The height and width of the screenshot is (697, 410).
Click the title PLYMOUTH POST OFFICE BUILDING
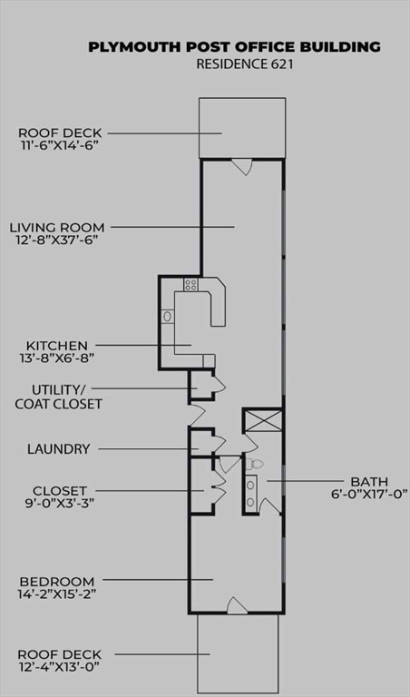pyautogui.click(x=234, y=46)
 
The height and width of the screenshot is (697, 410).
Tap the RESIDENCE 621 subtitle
pyautogui.click(x=245, y=64)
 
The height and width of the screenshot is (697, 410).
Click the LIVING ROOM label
pyautogui.click(x=57, y=228)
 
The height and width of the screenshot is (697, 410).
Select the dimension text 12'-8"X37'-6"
pyautogui.click(x=57, y=241)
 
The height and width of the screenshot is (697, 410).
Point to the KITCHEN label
pyautogui.click(x=57, y=346)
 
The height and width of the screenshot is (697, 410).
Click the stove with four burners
pyautogui.click(x=191, y=284)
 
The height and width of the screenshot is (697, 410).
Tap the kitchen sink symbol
pyautogui.click(x=168, y=316)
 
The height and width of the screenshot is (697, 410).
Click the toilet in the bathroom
pyautogui.click(x=255, y=464)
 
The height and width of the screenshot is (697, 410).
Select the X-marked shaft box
pyautogui.click(x=263, y=420)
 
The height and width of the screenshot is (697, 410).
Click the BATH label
pyautogui.click(x=369, y=482)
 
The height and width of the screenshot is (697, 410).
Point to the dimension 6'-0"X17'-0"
pyautogui.click(x=369, y=495)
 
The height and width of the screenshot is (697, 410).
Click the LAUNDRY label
pyautogui.click(x=59, y=449)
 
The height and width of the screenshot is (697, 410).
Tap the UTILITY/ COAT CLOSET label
pyautogui.click(x=58, y=397)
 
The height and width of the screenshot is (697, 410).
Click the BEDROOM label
pyautogui.click(x=57, y=582)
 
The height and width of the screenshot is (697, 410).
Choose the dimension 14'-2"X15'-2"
pyautogui.click(x=58, y=594)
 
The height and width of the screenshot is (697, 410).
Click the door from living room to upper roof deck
pyautogui.click(x=242, y=166)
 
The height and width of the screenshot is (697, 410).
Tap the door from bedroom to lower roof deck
pyautogui.click(x=238, y=605)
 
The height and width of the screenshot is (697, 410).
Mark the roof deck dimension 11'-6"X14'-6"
pyautogui.click(x=59, y=146)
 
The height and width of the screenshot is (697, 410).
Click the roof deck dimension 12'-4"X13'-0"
pyautogui.click(x=58, y=667)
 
